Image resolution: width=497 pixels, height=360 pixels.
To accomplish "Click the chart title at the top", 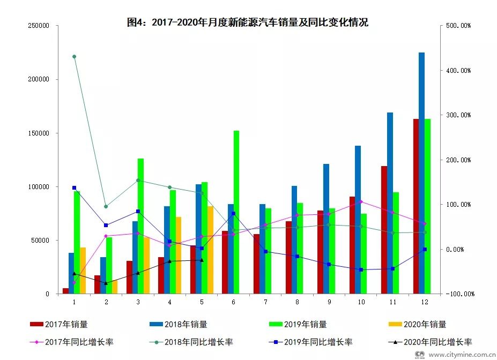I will (248, 22).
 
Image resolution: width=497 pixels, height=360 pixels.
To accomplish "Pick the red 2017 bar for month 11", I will (384, 230).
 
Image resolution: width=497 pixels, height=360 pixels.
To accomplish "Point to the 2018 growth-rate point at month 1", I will (74, 56).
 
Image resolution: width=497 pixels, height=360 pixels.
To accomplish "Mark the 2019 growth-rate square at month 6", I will (233, 213).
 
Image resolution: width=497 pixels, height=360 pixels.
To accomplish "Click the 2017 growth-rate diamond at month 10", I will (361, 202).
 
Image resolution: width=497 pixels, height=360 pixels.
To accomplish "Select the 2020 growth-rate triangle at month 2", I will (106, 283).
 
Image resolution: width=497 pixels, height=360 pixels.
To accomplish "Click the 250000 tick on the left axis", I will (39, 26).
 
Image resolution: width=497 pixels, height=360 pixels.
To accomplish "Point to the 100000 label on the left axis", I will (39, 187).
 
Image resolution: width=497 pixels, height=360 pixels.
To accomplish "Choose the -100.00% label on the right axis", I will (457, 294).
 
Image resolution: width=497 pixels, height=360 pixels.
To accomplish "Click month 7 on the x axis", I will (265, 302).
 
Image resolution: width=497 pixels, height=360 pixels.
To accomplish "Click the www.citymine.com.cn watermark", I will (461, 354).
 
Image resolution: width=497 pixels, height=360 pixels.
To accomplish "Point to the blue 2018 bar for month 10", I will (358, 220).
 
